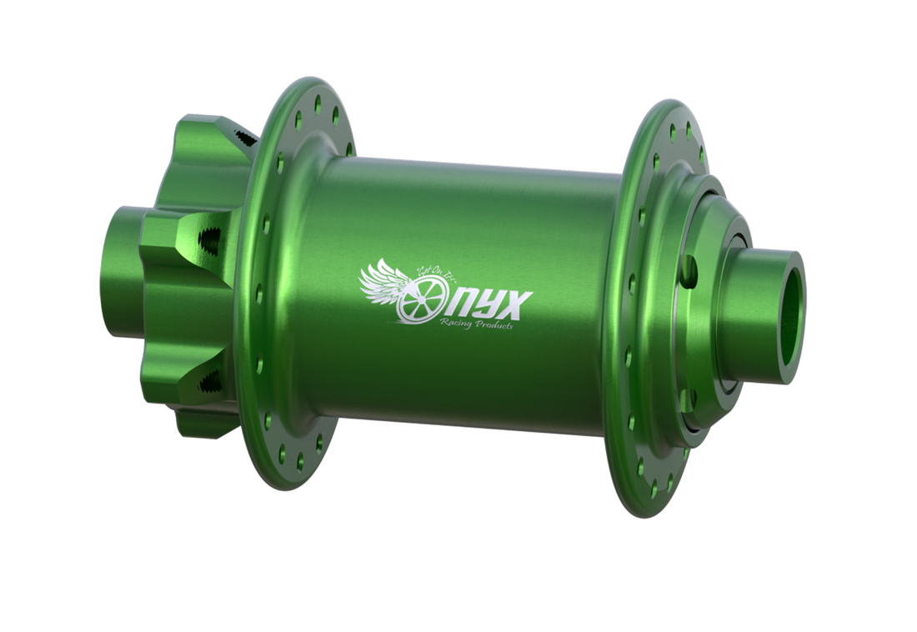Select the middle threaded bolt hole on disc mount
(x=211, y=241)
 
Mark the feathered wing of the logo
(x=382, y=282)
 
